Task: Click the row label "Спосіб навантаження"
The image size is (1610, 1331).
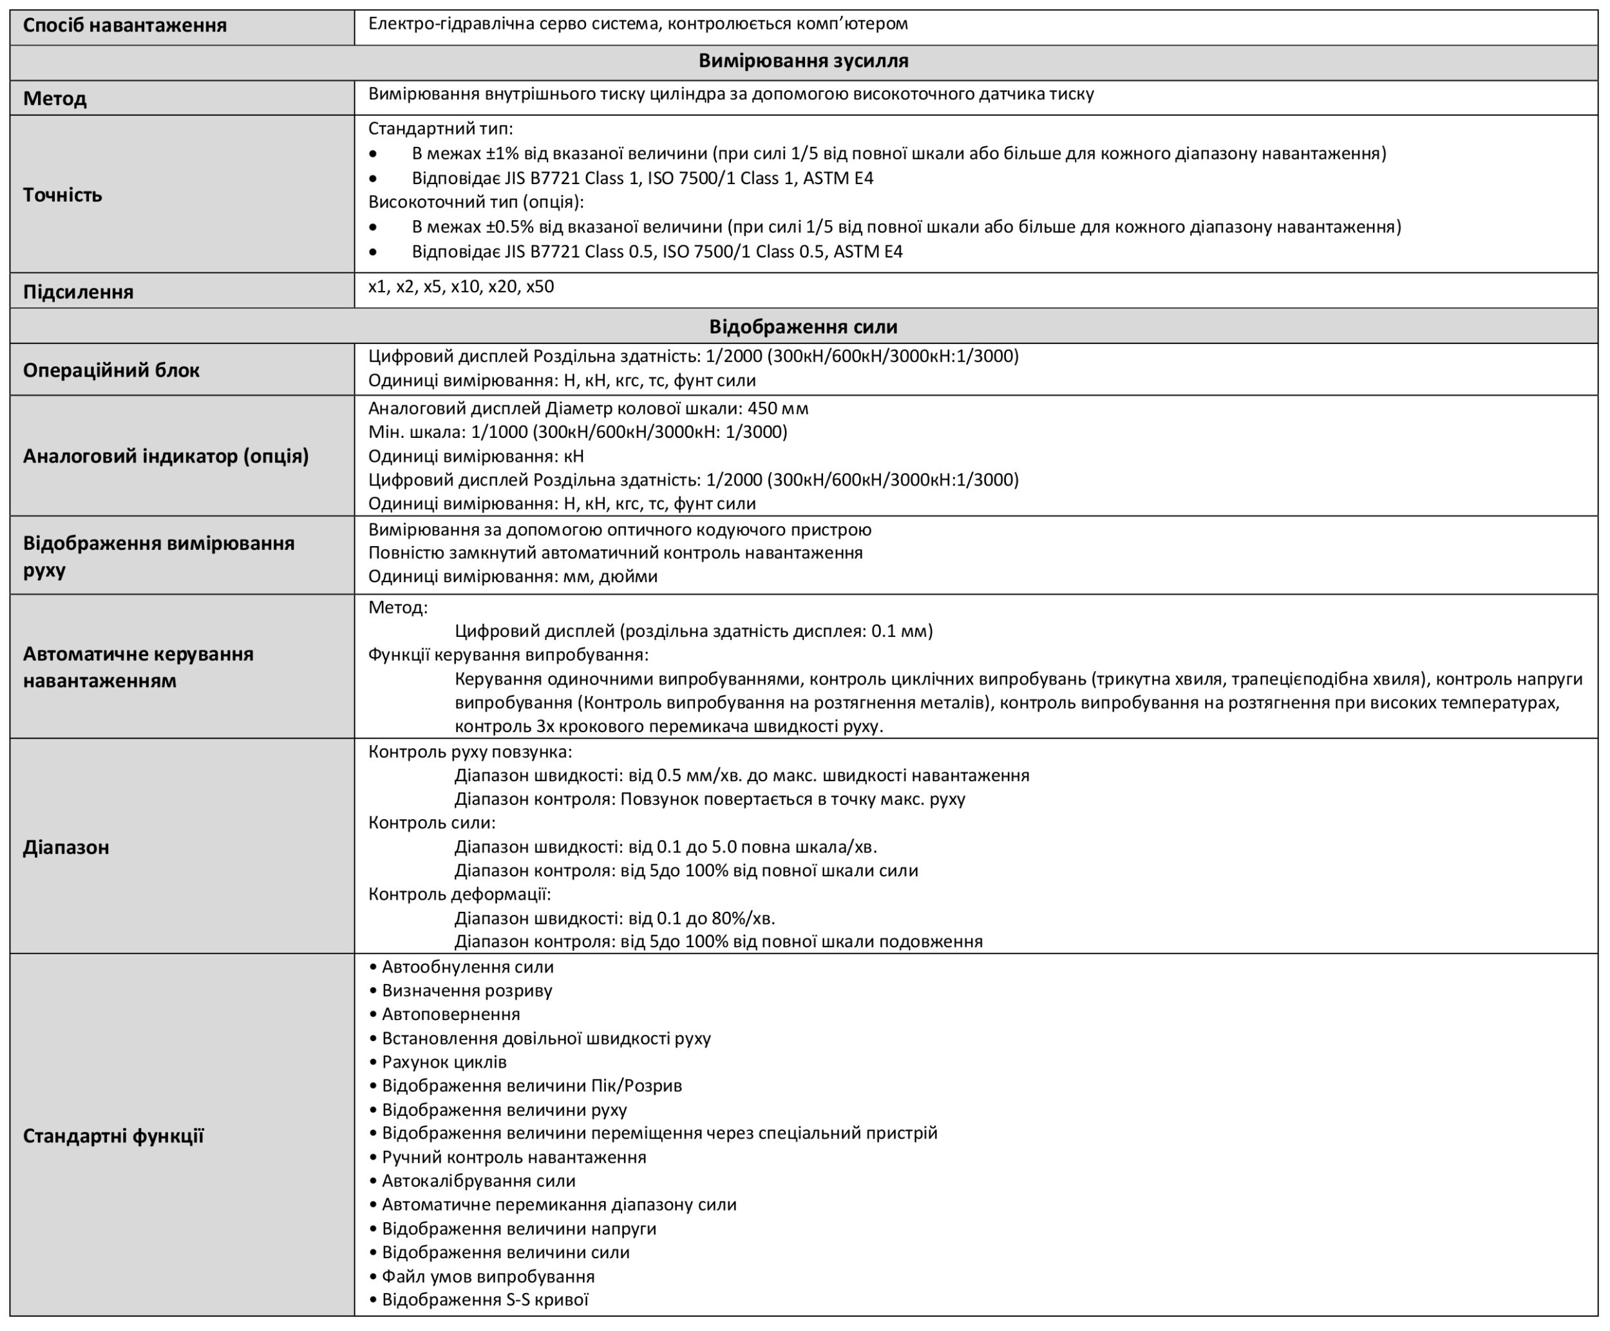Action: coord(125,26)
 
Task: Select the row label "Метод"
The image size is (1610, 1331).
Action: coord(55,99)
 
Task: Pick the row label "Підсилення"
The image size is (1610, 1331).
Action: coord(78,292)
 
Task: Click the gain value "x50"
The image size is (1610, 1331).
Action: coord(540,287)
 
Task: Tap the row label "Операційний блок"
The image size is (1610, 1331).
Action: coord(111,370)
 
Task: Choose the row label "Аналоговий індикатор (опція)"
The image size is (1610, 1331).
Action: coord(166,456)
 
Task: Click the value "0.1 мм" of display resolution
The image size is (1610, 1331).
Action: coord(899,632)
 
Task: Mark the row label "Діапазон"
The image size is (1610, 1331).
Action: coord(66,847)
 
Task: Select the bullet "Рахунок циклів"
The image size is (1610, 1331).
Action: coord(444,1062)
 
